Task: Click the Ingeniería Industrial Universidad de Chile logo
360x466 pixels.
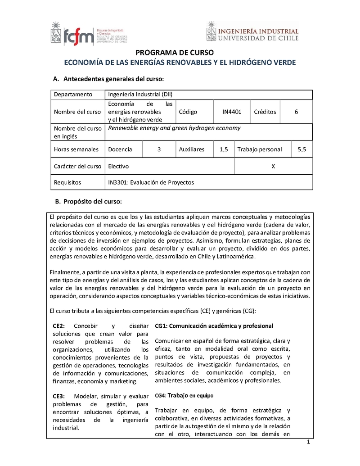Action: (252, 33)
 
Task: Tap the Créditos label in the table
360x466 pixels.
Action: (265, 112)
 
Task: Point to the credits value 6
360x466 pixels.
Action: (296, 112)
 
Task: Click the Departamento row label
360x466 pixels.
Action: (73, 95)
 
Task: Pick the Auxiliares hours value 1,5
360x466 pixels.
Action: (224, 149)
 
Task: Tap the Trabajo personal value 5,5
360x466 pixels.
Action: (301, 149)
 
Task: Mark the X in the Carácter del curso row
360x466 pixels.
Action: (273, 166)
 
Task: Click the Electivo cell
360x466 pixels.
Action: (118, 166)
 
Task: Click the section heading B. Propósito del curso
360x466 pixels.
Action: (88, 201)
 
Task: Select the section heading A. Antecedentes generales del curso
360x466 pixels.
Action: (108, 79)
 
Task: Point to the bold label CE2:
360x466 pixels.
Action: (59, 326)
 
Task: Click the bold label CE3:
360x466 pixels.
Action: (59, 396)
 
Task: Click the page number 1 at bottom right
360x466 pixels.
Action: (309, 442)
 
